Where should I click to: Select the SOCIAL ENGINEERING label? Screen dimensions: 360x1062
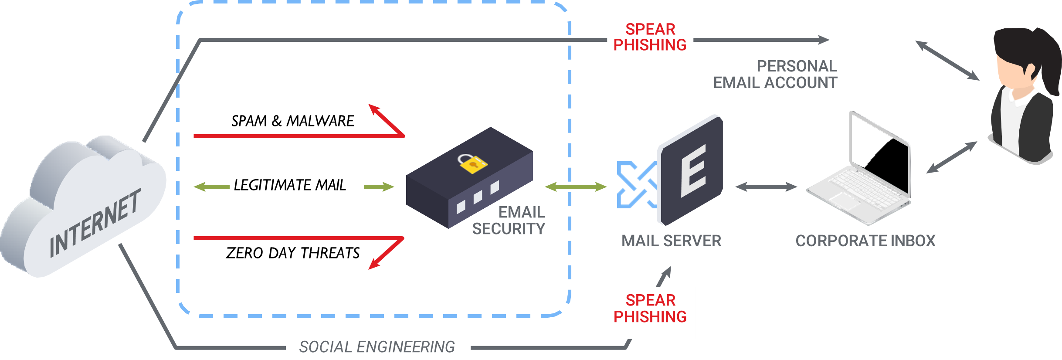(x=378, y=346)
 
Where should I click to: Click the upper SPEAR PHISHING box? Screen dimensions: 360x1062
(x=650, y=45)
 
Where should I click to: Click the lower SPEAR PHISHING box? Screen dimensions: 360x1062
(x=644, y=312)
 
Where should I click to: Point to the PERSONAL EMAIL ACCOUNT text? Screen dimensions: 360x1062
(x=776, y=75)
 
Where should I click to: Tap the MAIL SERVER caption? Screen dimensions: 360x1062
(x=671, y=241)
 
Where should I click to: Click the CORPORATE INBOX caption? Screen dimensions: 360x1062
(x=865, y=241)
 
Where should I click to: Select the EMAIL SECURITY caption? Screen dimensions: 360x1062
(x=509, y=221)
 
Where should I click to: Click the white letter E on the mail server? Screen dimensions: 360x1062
(x=693, y=171)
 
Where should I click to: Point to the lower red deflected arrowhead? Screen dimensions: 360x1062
(x=374, y=264)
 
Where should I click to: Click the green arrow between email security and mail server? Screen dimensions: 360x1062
(x=575, y=187)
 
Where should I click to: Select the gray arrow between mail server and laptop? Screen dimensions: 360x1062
(x=766, y=187)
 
